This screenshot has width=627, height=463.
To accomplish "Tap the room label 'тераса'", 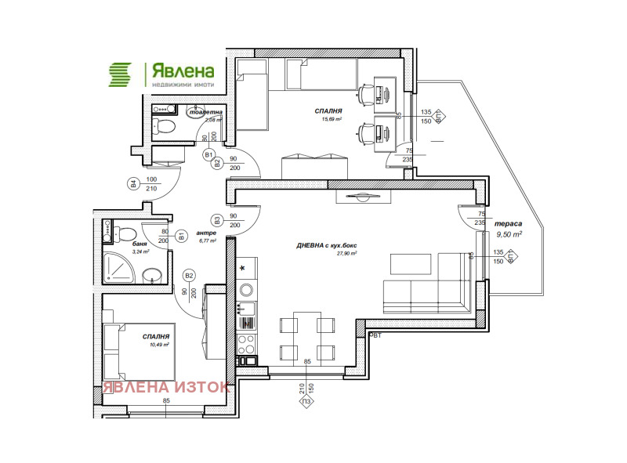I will pos(509,222).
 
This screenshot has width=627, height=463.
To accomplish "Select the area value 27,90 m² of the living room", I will pos(346,253).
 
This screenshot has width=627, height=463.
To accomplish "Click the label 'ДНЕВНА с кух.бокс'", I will pos(328,244).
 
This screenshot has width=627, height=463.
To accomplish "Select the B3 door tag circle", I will pos(216,220).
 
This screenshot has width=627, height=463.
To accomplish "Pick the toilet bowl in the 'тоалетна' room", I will pos(166,125).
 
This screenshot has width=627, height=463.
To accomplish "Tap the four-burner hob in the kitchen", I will pos(245,342).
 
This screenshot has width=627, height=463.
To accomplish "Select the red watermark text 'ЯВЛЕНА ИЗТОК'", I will pos(165,387).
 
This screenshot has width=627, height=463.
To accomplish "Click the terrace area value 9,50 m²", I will pos(509,233).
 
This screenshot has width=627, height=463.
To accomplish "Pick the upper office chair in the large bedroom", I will pos(364,95).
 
